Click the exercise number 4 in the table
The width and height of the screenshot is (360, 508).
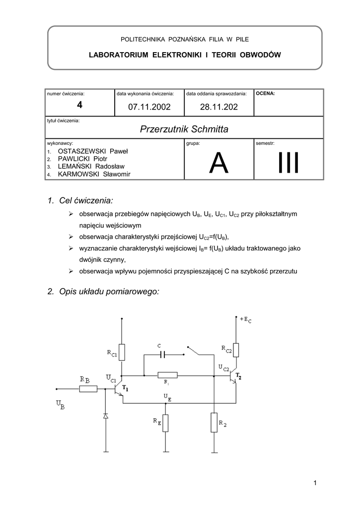click(79, 105)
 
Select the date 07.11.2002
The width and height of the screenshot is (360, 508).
click(149, 106)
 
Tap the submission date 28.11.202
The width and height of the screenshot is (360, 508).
click(219, 106)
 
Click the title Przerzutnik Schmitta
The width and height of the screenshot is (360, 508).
click(184, 130)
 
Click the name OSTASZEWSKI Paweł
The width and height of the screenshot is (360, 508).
click(93, 150)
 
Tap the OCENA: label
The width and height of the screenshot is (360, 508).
click(265, 93)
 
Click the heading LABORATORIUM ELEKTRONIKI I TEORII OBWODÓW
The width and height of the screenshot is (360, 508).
click(185, 55)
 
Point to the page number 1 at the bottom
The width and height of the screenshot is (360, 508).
click(315, 483)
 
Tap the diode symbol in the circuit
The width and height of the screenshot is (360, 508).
click(105, 416)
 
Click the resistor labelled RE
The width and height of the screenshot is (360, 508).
click(166, 423)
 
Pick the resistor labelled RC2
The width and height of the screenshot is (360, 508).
click(236, 350)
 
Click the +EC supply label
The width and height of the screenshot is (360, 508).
click(245, 320)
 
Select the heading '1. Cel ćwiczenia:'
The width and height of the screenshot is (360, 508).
click(80, 200)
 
